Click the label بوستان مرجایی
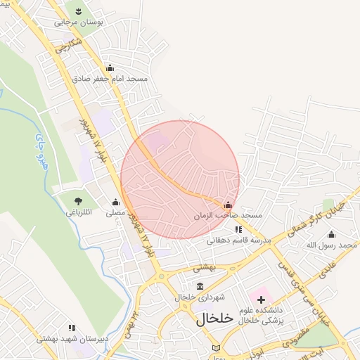pyautogui.click(x=79, y=22)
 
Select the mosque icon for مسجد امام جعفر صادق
pyautogui.click(x=110, y=68)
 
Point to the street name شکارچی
pyautogui.click(x=69, y=48)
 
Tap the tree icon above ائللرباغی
pyautogui.click(x=78, y=202)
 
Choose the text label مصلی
pyautogui.click(x=115, y=212)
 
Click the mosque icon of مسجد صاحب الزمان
pyautogui.click(x=227, y=205)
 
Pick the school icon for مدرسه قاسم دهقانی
pyautogui.click(x=238, y=229)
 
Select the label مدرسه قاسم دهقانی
pyautogui.click(x=239, y=240)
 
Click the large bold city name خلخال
pyautogui.click(x=214, y=319)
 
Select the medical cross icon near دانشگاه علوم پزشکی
pyautogui.click(x=261, y=300)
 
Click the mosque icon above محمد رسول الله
pyautogui.click(x=331, y=235)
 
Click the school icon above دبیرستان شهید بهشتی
pyautogui.click(x=72, y=328)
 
